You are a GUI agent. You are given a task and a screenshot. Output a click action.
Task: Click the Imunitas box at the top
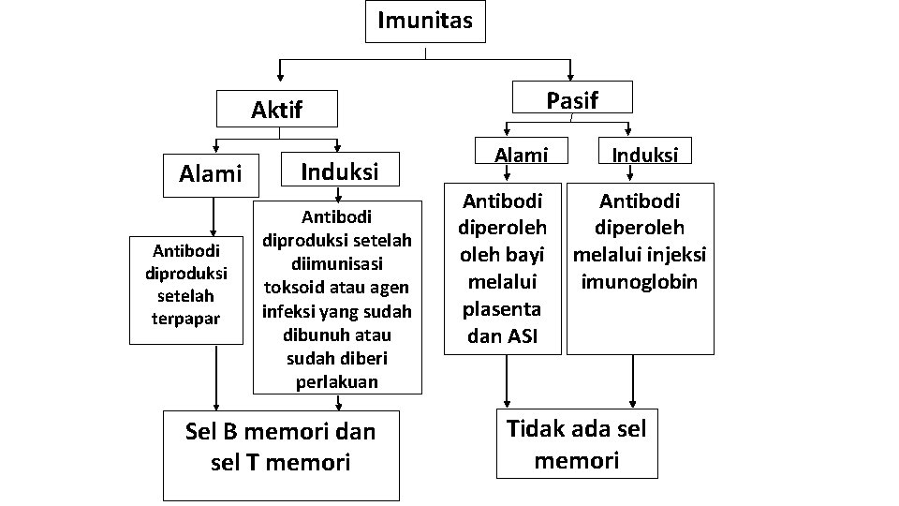coord(425,21)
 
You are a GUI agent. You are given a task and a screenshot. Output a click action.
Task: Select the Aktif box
coord(277,109)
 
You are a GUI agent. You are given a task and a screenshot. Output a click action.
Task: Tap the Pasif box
coord(572,99)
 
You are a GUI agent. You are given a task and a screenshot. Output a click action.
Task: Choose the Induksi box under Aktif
coord(338,171)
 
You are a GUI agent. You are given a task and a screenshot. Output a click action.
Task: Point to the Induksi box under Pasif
coord(645,155)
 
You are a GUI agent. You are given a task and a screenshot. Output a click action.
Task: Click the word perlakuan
coord(337,382)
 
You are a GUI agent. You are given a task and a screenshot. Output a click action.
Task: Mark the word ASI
coord(522,336)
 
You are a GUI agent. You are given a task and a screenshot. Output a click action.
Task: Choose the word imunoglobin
coord(639,282)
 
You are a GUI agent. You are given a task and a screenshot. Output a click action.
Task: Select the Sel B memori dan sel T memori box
coord(280,446)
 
